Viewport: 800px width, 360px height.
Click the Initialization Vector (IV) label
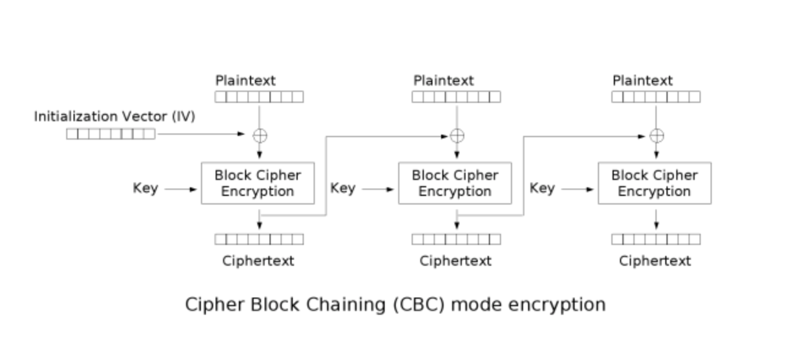(115, 117)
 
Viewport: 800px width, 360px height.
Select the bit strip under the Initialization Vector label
(111, 134)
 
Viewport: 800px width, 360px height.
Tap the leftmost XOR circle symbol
(260, 135)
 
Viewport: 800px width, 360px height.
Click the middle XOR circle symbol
(457, 135)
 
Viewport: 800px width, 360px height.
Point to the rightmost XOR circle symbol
(657, 135)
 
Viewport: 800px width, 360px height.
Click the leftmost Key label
(145, 188)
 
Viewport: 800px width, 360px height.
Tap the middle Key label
(343, 188)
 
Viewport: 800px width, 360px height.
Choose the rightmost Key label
(542, 188)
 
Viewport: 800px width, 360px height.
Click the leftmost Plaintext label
(246, 81)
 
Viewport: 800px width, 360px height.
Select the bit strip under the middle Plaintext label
(456, 97)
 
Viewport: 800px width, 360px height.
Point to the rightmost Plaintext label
(643, 81)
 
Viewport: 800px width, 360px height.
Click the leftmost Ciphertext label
(258, 261)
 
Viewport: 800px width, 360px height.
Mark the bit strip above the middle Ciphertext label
(456, 239)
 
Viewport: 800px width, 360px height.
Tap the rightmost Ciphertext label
(655, 261)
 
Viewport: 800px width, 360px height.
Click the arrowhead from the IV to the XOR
(241, 134)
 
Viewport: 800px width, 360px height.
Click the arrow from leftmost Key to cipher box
(181, 189)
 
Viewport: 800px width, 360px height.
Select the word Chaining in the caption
(345, 305)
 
